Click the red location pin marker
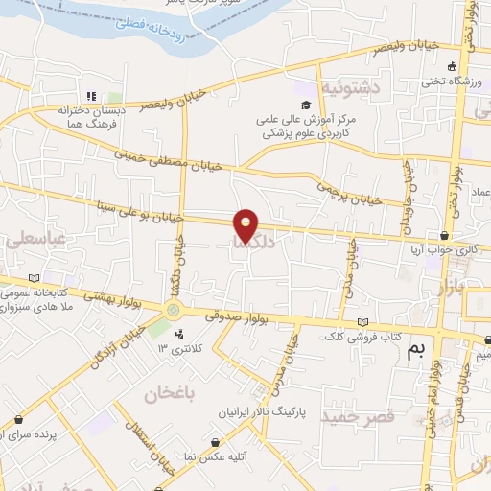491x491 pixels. pos(245,225)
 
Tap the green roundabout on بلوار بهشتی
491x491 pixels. pos(174,309)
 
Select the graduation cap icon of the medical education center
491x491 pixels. pos(306,105)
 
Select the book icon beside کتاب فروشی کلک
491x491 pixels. pos(361,322)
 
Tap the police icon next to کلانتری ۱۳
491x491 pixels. pos(179,335)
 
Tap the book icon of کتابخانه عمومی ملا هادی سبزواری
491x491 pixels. pos(35,277)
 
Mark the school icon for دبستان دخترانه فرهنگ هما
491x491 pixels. pos(92,96)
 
